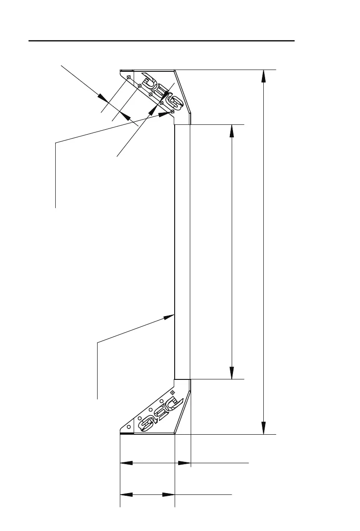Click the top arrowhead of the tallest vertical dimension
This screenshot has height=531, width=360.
click(x=264, y=76)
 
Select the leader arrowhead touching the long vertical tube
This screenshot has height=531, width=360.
click(x=169, y=317)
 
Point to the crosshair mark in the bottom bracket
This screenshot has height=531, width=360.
click(x=172, y=392)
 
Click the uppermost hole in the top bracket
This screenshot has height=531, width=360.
click(x=128, y=78)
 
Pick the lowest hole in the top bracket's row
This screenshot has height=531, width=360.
click(x=172, y=111)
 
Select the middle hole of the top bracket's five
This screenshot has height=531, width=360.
click(x=150, y=95)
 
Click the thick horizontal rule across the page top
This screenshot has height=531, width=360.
click(x=162, y=41)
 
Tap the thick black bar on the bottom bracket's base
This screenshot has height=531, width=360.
click(x=127, y=433)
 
